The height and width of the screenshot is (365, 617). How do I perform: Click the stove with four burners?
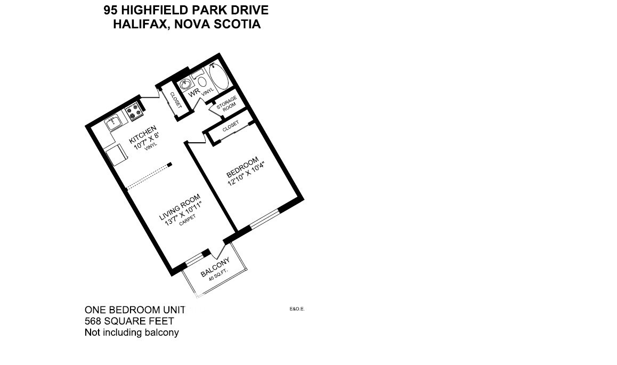pyautogui.click(x=134, y=112)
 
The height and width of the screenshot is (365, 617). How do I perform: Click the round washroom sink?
pyautogui.click(x=186, y=85)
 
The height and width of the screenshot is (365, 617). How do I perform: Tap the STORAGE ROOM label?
pyautogui.click(x=226, y=103)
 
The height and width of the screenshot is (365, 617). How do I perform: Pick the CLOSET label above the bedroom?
pyautogui.click(x=231, y=127)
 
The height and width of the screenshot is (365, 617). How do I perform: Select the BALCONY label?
pyautogui.click(x=215, y=267)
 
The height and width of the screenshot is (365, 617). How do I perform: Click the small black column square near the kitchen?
pyautogui.click(x=169, y=165)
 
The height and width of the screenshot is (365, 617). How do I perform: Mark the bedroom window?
pyautogui.click(x=264, y=218)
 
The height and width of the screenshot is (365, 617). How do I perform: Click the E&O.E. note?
pyautogui.click(x=297, y=309)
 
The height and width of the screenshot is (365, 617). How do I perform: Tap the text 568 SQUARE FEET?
pyautogui.click(x=129, y=321)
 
